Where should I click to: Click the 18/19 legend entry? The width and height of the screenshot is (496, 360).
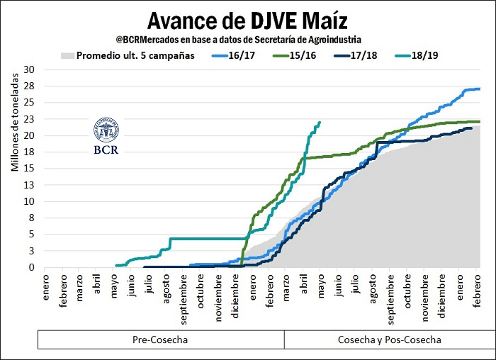coord(425,55)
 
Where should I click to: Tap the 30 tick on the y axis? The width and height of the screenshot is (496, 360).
coord(28,69)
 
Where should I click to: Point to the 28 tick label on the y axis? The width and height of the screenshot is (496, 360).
coord(28,85)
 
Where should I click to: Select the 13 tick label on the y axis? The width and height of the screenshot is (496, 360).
coord(28,185)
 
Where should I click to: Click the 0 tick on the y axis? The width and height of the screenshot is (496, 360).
coord(31,267)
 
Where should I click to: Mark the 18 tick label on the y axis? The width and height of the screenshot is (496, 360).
coord(28,152)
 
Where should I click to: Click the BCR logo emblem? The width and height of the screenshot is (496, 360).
coord(106,130)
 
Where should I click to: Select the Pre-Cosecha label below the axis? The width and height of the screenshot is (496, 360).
coord(160,340)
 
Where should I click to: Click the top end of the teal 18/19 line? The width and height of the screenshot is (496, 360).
coord(320,122)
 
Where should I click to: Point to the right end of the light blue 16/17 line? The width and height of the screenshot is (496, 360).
coord(480,89)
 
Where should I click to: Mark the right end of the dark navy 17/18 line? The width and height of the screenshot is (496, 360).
coord(472,128)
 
